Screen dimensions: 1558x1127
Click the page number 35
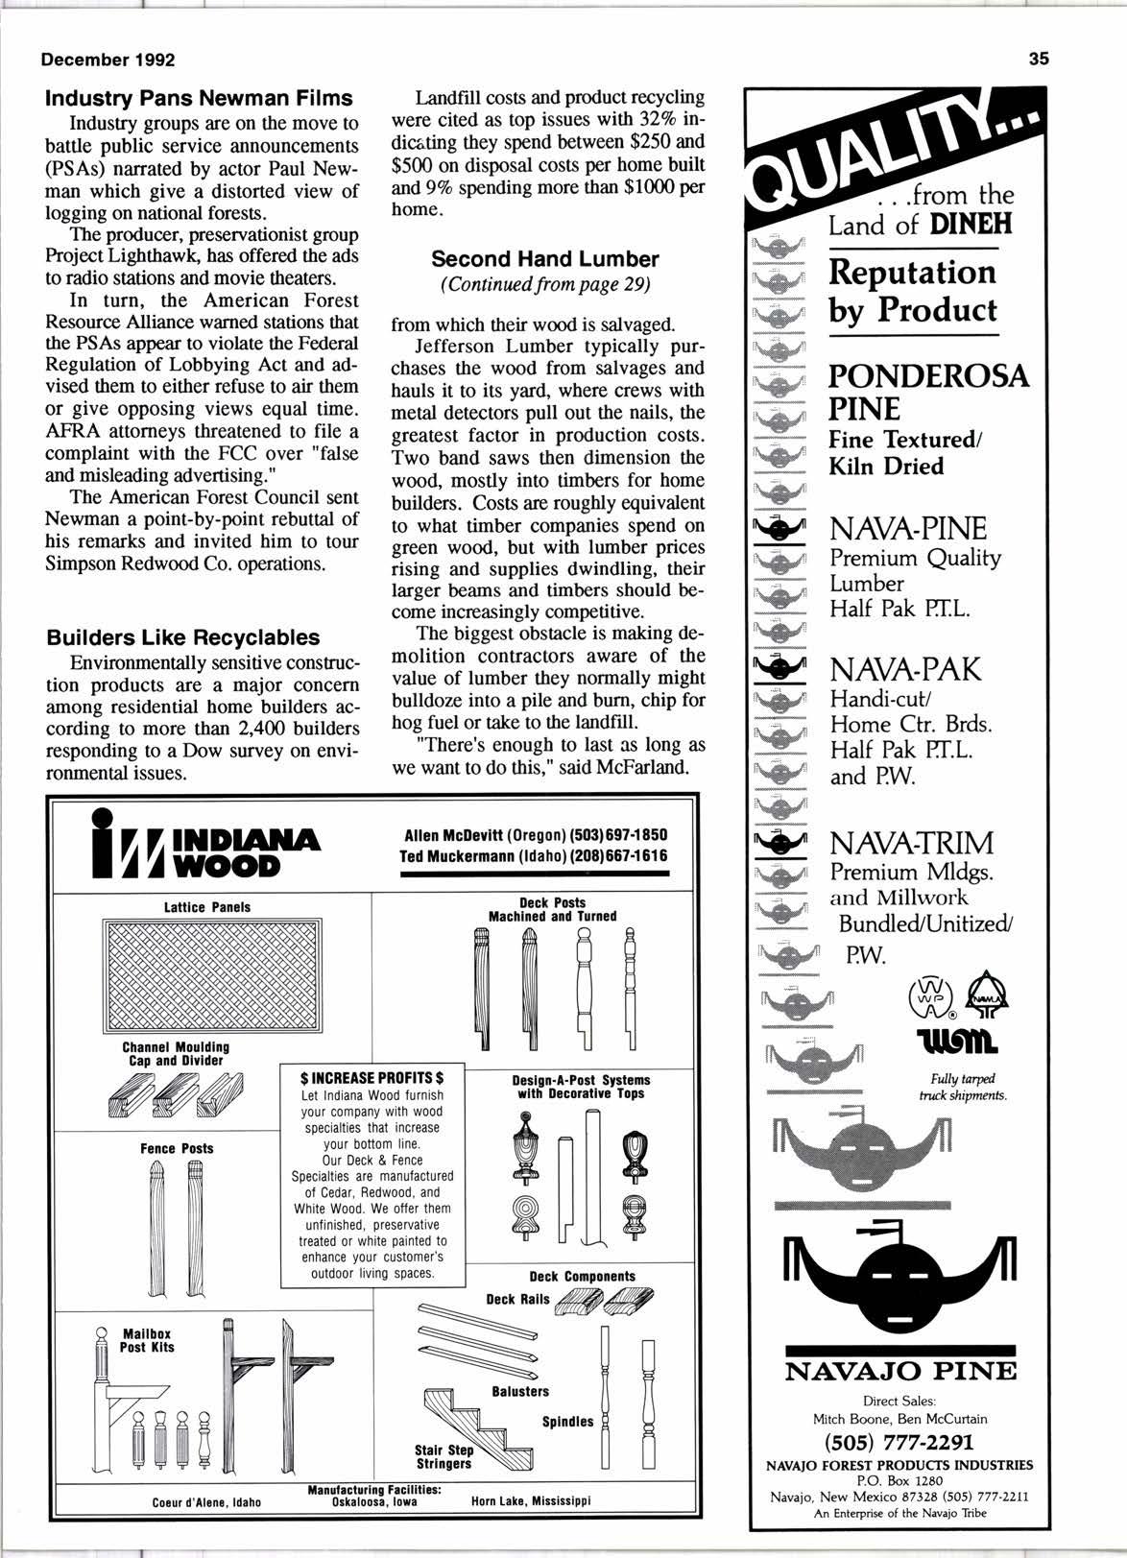pyautogui.click(x=1039, y=59)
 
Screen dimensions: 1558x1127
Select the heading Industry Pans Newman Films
pyautogui.click(x=200, y=98)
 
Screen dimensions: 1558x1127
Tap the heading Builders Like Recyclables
pyautogui.click(x=183, y=637)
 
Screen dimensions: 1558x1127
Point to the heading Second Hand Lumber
pyautogui.click(x=544, y=259)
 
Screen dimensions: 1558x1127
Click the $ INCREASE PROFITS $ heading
pyautogui.click(x=372, y=1078)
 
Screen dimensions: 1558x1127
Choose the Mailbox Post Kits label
pyautogui.click(x=147, y=1340)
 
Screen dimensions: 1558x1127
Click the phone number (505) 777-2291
pyautogui.click(x=899, y=1442)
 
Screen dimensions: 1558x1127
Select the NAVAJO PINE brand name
pyautogui.click(x=899, y=1371)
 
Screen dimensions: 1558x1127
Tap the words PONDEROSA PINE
pyautogui.click(x=927, y=392)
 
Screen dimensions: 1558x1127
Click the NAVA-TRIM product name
pyautogui.click(x=911, y=844)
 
